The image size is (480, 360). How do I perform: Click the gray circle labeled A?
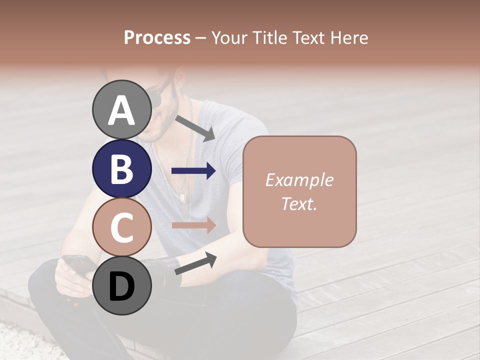[x=121, y=110]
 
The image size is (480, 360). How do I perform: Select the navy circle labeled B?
[x=121, y=169]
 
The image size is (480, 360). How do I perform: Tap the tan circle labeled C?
[x=121, y=227]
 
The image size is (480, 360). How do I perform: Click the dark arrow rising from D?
[x=195, y=263]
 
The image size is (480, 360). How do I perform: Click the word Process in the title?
[x=157, y=38]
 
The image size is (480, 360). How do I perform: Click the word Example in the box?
[x=299, y=180]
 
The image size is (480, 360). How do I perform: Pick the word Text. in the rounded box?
[x=299, y=203]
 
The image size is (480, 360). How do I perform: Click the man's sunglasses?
[x=159, y=95]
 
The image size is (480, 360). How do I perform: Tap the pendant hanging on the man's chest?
[x=183, y=197]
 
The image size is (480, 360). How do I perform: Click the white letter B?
[x=121, y=169]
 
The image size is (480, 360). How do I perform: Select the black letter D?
[x=121, y=287]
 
